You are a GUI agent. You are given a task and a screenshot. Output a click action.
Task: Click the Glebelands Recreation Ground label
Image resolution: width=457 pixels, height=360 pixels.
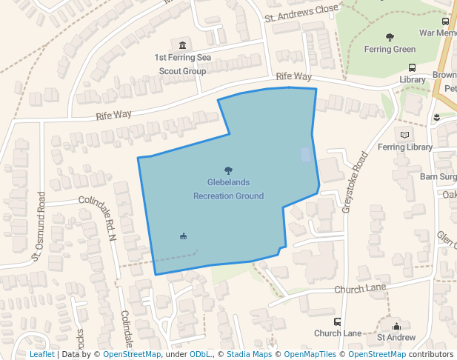point(228,189)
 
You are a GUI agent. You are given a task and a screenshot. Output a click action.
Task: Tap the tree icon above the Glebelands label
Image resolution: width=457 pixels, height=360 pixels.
point(228,170)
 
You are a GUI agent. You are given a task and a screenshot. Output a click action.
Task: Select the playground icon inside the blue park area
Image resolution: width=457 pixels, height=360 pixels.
point(183,236)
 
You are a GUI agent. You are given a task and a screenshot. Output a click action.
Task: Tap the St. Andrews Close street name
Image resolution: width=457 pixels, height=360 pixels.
point(301,13)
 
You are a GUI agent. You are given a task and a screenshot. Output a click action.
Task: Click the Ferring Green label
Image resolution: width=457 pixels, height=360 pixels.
point(390,50)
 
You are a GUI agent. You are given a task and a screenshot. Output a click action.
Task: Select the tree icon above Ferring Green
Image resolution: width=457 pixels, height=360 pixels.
point(390,36)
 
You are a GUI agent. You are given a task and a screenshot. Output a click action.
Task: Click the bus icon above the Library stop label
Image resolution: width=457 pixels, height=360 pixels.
point(412,67)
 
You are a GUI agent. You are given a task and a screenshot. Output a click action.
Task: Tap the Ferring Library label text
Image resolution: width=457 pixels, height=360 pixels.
point(405,147)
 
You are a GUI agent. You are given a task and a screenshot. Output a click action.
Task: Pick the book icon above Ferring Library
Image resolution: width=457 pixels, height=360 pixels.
point(404,134)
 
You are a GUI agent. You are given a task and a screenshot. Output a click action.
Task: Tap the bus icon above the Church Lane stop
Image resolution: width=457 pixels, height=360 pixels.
point(338,321)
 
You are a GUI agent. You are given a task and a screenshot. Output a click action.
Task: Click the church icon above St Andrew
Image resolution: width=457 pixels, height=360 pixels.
point(396,326)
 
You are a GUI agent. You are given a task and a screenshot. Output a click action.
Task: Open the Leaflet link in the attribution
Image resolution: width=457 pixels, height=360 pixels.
point(41,354)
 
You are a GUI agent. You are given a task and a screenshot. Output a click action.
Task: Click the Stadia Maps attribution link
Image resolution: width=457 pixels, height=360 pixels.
point(249,354)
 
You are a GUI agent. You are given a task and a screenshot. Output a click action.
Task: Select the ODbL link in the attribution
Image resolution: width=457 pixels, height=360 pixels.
point(201,354)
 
